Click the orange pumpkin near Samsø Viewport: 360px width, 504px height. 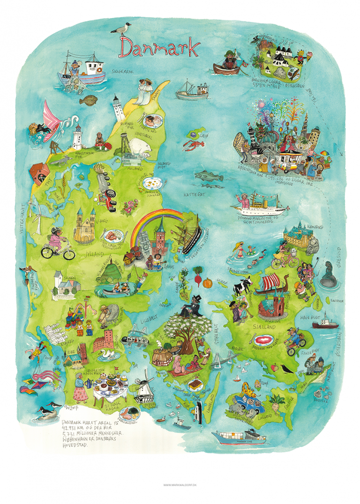[208, 283]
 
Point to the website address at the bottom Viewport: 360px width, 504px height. [180, 485]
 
